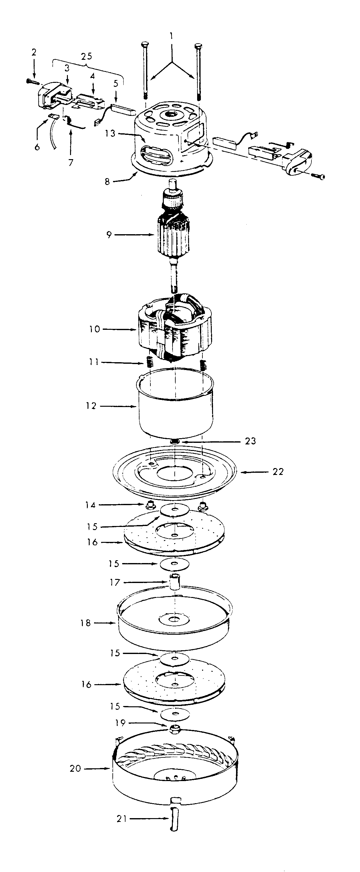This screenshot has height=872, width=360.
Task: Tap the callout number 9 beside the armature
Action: coord(109,235)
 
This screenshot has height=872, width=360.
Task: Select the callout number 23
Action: coord(250,441)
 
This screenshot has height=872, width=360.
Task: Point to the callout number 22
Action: coord(278,472)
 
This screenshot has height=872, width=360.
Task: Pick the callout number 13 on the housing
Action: coord(110,133)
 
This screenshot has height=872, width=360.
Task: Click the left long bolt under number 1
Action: coord(145,68)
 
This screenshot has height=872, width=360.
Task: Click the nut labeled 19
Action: coord(175,728)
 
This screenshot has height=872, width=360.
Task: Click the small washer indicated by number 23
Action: coord(175,441)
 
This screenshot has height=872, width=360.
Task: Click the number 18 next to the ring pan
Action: coord(86,623)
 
